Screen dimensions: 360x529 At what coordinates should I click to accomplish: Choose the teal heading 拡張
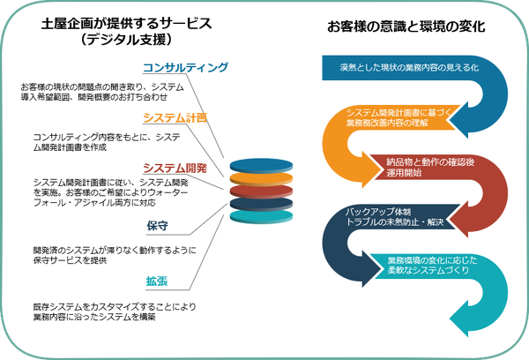click(159, 281)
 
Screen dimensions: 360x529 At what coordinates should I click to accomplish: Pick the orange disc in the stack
click(260, 179)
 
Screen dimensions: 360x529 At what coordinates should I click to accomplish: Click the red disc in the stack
click(260, 191)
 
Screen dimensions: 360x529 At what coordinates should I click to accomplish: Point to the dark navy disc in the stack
click(260, 203)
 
